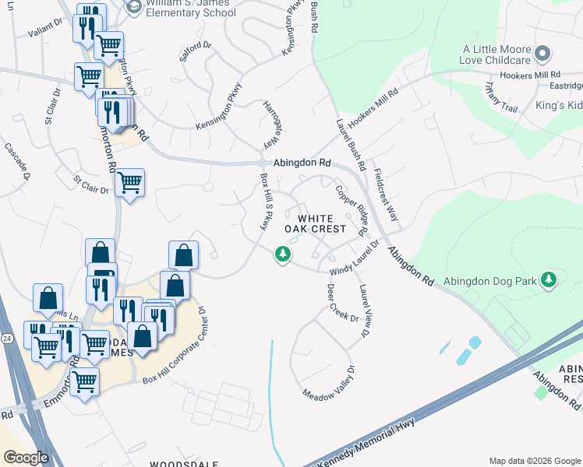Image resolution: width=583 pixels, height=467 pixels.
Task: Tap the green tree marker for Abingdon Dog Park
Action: [549, 279]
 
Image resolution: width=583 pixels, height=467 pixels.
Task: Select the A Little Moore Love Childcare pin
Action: [544, 54]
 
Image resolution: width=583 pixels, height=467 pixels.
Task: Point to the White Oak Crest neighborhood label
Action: [315, 224]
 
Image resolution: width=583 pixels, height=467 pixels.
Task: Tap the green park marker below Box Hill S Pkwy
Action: [281, 255]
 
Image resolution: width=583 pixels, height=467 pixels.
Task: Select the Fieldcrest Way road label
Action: [387, 195]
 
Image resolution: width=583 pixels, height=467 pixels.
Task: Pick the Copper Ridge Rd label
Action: [351, 209]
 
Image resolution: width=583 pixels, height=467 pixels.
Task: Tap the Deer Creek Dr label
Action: [341, 303]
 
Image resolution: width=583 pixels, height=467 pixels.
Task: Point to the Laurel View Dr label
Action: [364, 311]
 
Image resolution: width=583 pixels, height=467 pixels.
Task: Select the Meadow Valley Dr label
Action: [330, 382]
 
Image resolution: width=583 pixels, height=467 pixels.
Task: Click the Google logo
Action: [26, 458]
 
